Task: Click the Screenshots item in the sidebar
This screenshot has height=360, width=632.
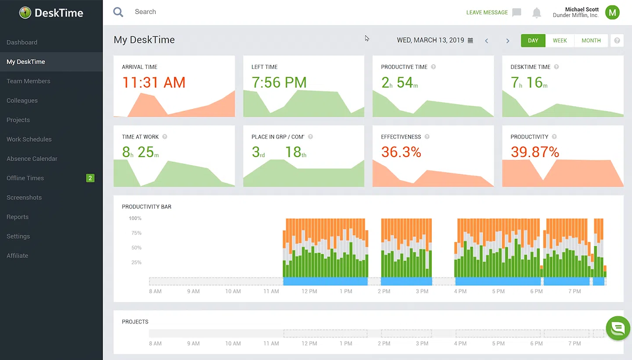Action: [24, 198]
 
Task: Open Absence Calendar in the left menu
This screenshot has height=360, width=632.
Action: [32, 158]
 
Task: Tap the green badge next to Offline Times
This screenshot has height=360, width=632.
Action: [90, 178]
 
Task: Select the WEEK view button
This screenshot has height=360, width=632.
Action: [560, 40]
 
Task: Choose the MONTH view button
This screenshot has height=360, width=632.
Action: [591, 40]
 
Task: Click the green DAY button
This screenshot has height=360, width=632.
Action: [533, 40]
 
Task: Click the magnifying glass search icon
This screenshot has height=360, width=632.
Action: [118, 12]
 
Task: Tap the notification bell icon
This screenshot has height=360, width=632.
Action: [536, 13]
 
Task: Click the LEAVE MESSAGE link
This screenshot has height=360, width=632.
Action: [487, 12]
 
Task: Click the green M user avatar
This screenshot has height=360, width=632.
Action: [612, 12]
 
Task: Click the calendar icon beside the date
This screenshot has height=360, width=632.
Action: [470, 40]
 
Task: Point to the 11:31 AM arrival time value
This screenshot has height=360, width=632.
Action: [154, 83]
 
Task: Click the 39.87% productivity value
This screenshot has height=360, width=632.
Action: [535, 152]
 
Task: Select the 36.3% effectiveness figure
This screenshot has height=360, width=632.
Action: [401, 152]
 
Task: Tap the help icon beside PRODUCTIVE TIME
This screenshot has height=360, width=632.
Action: [433, 67]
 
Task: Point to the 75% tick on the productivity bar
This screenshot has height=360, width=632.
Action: [136, 233]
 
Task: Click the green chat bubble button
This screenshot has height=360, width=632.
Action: [618, 328]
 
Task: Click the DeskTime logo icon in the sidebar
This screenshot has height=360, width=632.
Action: [25, 13]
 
